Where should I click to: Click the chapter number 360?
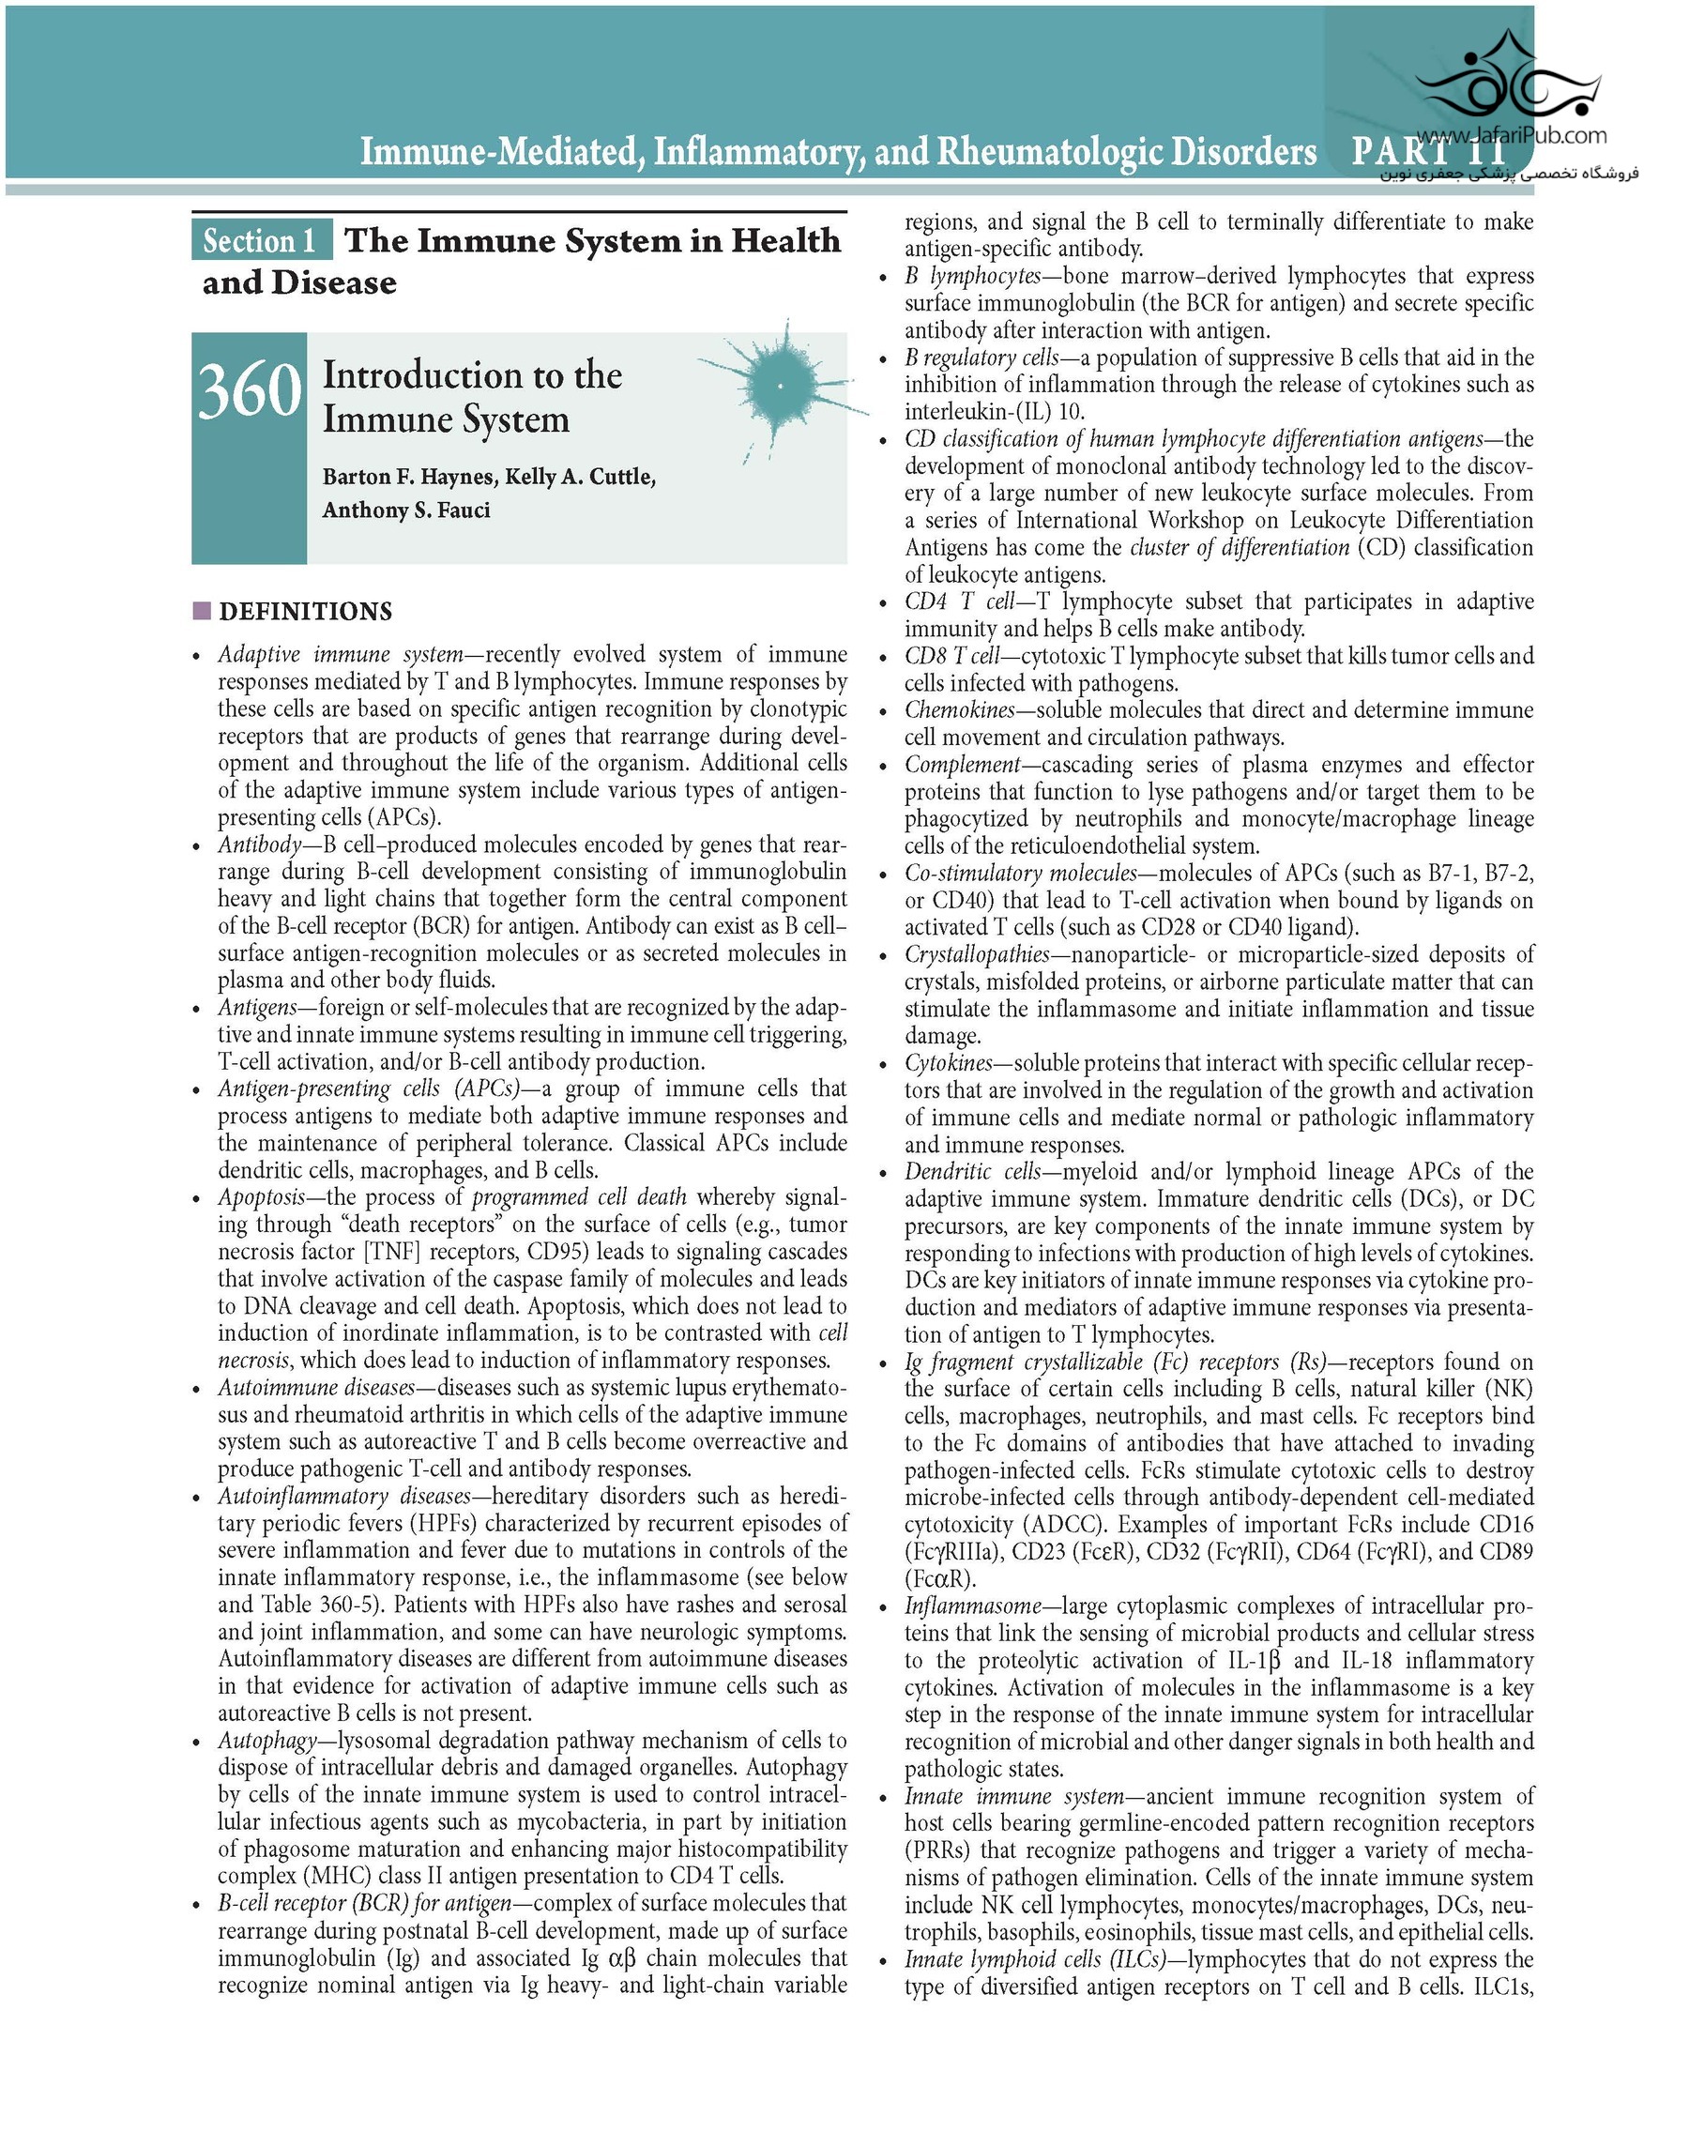249,391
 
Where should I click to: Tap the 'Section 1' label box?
260,241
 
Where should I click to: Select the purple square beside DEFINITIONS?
203,611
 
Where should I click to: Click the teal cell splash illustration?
781,386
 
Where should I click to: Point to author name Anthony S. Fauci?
405,510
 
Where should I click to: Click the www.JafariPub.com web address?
1510,135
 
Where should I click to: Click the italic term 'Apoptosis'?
261,1197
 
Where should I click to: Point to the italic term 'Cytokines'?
948,1062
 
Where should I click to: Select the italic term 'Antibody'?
259,845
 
